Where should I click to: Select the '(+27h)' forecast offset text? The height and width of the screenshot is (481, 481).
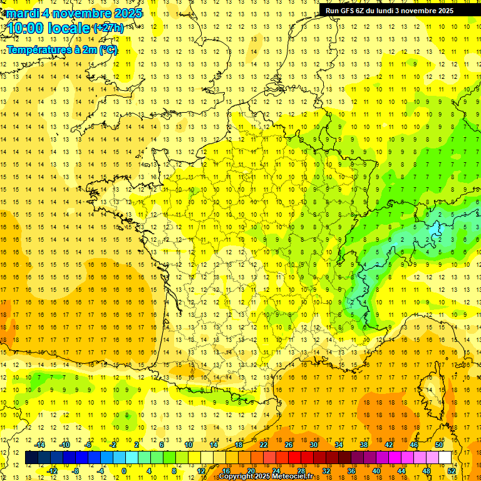[108, 28]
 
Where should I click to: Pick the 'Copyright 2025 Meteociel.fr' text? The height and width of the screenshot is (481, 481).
[274, 477]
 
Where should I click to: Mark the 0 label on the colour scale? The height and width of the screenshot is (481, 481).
[124, 471]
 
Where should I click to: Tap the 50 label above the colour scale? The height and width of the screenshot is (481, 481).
[439, 445]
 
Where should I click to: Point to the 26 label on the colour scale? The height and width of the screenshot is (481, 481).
[289, 445]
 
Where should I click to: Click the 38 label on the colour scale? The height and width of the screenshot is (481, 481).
[364, 445]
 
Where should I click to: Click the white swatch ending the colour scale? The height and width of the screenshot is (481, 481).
[445, 458]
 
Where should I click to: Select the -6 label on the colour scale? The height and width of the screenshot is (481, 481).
[89, 445]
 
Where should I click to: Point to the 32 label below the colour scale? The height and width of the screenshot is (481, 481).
[326, 471]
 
